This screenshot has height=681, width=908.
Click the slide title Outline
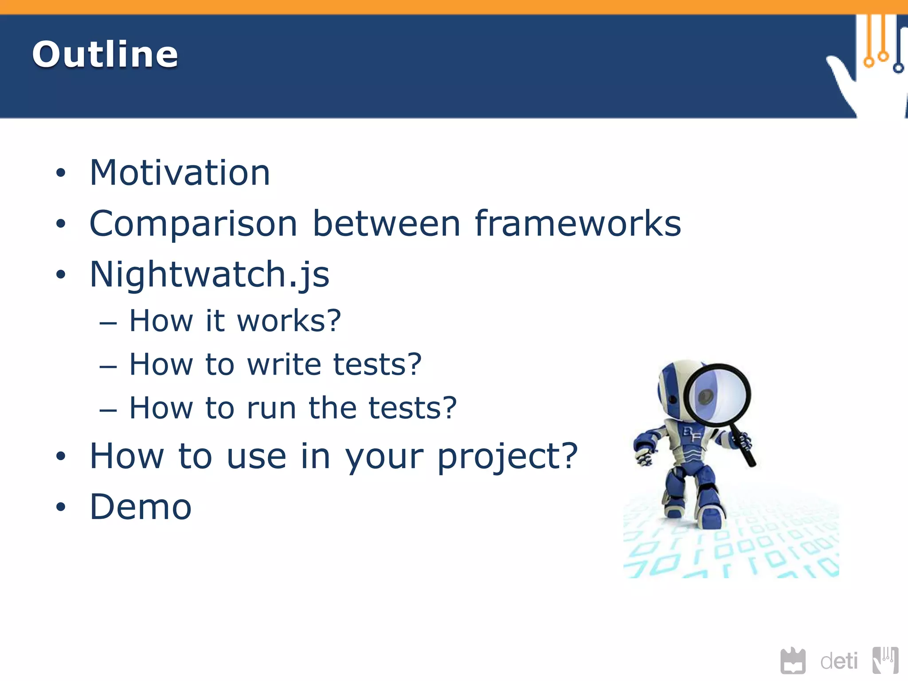pyautogui.click(x=105, y=54)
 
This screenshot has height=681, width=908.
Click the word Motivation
pyautogui.click(x=180, y=173)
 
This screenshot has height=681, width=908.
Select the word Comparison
pyautogui.click(x=193, y=224)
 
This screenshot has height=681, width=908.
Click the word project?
pyautogui.click(x=508, y=457)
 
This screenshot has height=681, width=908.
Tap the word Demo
pyautogui.click(x=141, y=507)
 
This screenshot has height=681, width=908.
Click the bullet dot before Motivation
pyautogui.click(x=61, y=173)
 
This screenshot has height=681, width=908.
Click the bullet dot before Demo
pyautogui.click(x=61, y=507)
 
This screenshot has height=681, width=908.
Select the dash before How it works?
pyautogui.click(x=108, y=323)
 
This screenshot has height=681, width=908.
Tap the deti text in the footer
pyautogui.click(x=839, y=661)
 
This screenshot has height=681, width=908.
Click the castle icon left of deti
pyautogui.click(x=793, y=661)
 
